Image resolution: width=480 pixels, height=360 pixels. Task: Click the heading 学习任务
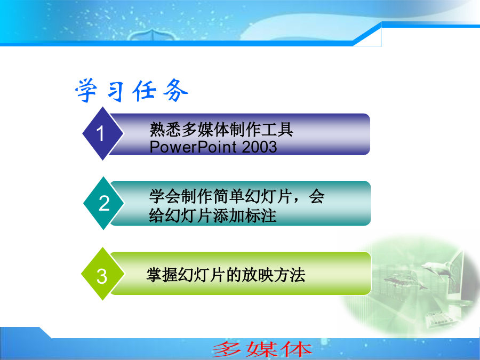click(132, 90)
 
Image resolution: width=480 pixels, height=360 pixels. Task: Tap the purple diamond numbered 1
click(103, 133)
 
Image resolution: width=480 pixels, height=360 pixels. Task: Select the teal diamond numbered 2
click(103, 203)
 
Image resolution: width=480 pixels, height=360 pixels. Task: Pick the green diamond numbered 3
click(103, 274)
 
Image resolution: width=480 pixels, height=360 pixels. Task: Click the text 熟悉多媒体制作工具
click(221, 130)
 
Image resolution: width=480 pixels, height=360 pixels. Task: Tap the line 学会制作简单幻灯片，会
click(237, 196)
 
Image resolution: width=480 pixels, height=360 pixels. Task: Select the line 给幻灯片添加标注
click(213, 215)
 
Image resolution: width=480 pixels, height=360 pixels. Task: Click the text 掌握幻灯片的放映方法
click(226, 275)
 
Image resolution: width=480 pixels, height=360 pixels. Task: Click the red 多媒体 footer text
click(262, 349)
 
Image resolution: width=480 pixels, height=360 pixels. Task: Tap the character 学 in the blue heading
click(87, 90)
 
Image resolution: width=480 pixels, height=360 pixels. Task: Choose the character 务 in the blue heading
click(175, 90)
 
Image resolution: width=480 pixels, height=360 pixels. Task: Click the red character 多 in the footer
click(228, 349)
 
